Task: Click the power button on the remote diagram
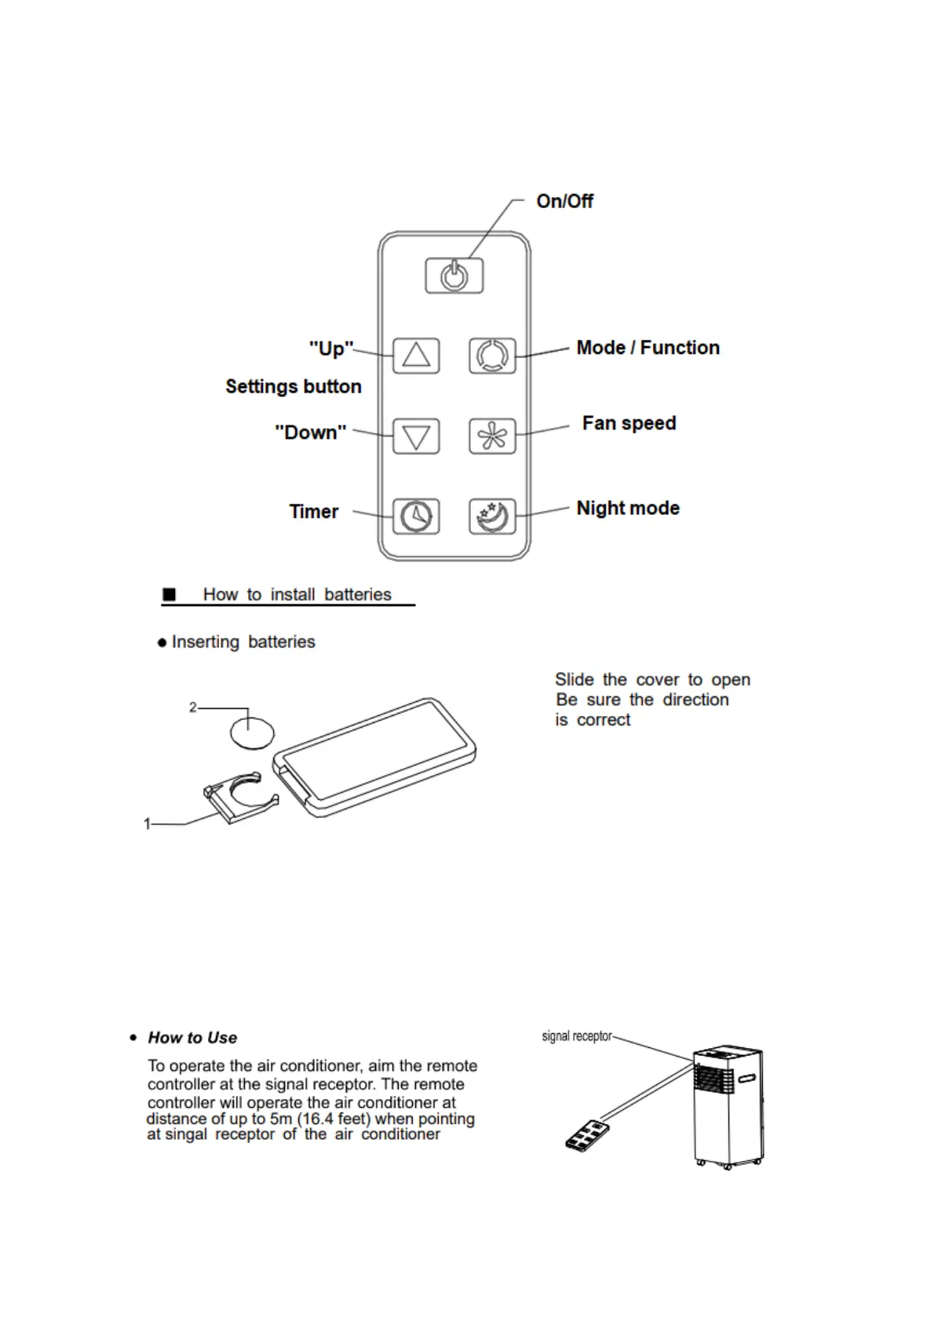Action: (x=454, y=276)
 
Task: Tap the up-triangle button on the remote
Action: (x=416, y=356)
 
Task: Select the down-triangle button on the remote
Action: (x=416, y=436)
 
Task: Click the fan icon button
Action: (x=492, y=436)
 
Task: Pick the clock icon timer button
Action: (x=416, y=517)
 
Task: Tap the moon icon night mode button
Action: (x=492, y=517)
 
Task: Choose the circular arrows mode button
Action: (x=492, y=356)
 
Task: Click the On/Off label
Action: (x=564, y=202)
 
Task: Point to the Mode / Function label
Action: (x=648, y=348)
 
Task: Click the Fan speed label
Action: (x=629, y=423)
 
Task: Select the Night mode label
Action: (x=628, y=508)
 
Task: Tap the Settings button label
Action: (x=294, y=386)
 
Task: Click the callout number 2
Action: (x=193, y=707)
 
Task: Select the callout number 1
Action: (x=147, y=824)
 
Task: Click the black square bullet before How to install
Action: (x=169, y=594)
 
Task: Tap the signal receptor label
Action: (x=576, y=1036)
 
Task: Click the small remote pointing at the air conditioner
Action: (x=586, y=1135)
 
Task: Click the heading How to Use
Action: (x=192, y=1038)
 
